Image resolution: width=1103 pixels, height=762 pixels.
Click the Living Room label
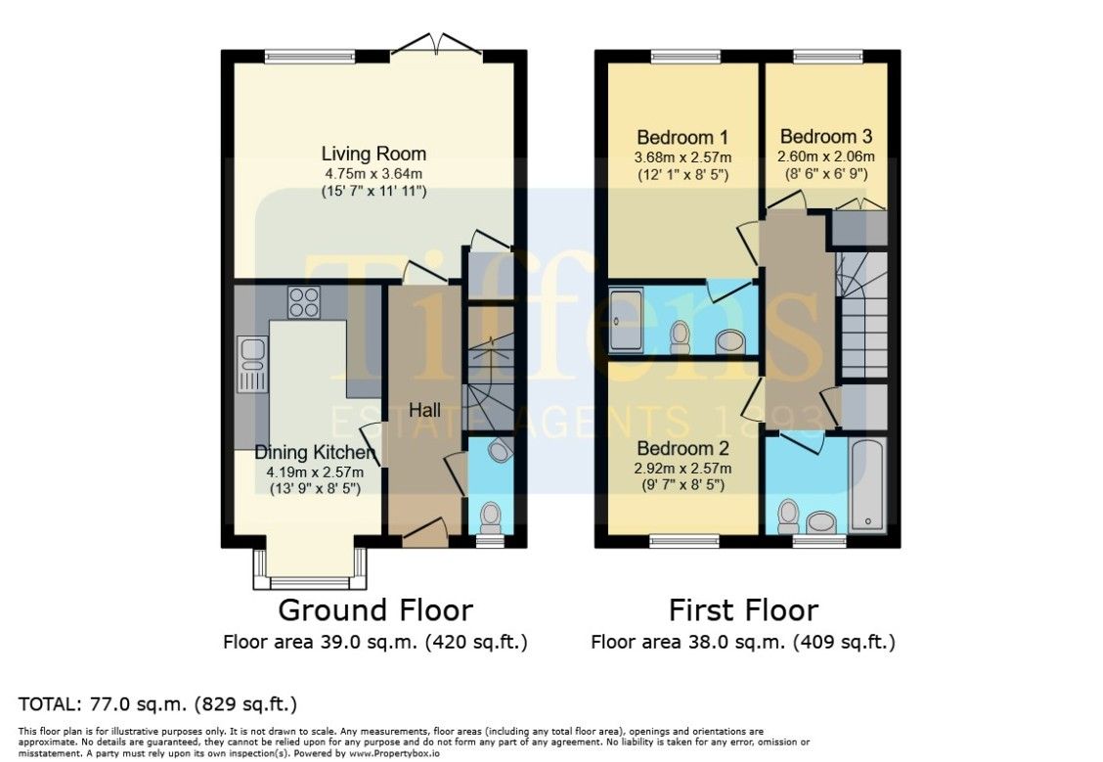tap(374, 154)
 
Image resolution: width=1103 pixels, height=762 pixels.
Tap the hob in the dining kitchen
tap(303, 302)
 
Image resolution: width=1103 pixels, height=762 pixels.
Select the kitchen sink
tap(252, 364)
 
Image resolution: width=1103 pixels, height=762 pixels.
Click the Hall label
tap(425, 410)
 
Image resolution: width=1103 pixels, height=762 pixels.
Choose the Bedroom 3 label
tap(826, 137)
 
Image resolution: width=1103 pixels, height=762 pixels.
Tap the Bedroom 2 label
tap(683, 448)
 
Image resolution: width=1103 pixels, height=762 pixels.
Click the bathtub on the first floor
tap(868, 485)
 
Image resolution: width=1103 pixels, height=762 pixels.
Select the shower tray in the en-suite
tap(626, 321)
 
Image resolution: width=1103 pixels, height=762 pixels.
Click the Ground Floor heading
tap(375, 610)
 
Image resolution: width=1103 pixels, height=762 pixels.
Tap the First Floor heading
tap(743, 610)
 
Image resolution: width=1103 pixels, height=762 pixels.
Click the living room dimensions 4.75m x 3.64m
tap(374, 174)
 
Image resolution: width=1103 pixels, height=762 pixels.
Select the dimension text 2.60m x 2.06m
tap(826, 157)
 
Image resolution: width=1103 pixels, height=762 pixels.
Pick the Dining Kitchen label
tap(315, 453)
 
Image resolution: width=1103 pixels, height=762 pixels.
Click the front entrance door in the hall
tap(425, 533)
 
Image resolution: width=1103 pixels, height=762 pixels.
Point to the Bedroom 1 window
tap(685, 57)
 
